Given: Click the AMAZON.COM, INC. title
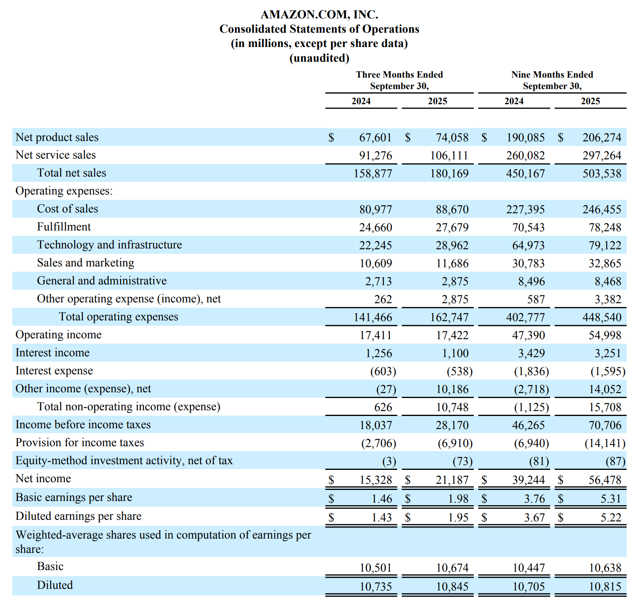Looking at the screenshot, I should click(x=319, y=15).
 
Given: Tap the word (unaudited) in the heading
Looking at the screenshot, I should click(x=319, y=58).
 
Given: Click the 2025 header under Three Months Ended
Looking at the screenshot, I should click(x=437, y=101).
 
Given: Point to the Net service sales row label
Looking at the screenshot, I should click(x=56, y=155).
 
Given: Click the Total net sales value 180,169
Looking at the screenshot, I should click(x=449, y=174).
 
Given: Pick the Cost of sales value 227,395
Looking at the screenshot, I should click(x=525, y=210).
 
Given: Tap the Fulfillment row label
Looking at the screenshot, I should click(x=64, y=227).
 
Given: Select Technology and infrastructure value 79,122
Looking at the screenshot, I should click(x=605, y=246).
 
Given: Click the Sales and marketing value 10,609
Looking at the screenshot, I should click(x=376, y=264).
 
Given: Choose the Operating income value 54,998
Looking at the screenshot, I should click(x=605, y=335).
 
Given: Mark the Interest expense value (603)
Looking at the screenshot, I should click(x=383, y=371).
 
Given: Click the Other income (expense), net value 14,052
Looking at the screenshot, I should click(x=605, y=389).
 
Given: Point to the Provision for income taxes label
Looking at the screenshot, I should click(x=80, y=443).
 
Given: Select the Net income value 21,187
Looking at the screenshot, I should click(x=452, y=480).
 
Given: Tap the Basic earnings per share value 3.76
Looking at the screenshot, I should click(x=534, y=499).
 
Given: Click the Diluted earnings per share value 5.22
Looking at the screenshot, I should click(x=611, y=518).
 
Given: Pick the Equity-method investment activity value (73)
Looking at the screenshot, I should click(x=462, y=461).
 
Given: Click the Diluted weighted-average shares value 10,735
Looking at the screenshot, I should click(x=376, y=587).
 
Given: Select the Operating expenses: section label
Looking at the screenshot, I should click(x=64, y=191).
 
